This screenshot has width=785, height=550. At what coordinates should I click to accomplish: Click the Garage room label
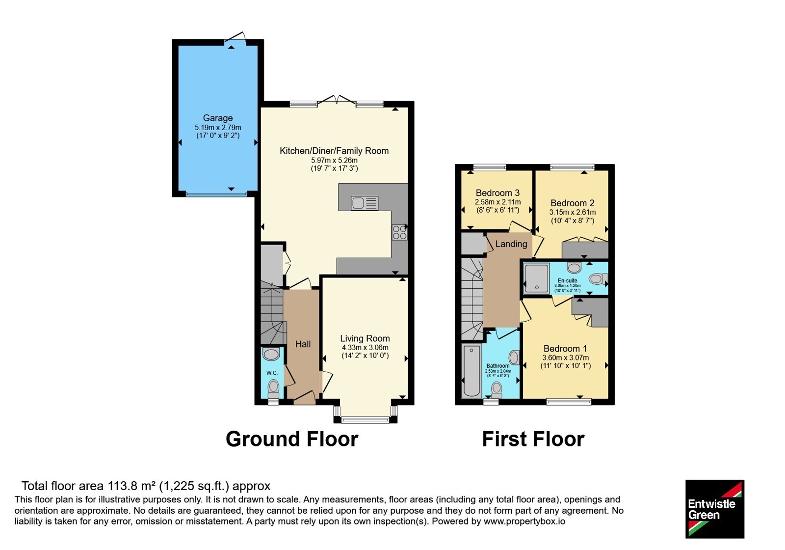(x=218, y=118)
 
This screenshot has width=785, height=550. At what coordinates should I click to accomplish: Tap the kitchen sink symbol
(x=365, y=203)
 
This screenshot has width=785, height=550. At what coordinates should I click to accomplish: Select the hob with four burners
(x=399, y=232)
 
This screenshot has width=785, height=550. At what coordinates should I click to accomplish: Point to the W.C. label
(x=272, y=373)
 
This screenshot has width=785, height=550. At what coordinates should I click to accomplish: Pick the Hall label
(x=303, y=344)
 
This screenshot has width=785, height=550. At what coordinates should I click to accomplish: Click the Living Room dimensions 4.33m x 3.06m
(x=365, y=348)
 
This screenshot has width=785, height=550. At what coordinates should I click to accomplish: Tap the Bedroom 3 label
(x=497, y=193)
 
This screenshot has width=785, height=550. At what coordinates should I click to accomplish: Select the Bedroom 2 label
(x=573, y=203)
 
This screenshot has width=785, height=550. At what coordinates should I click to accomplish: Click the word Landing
(x=511, y=244)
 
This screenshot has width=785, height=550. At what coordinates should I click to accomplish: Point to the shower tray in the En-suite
(x=536, y=278)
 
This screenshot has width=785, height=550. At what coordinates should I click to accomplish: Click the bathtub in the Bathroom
(x=471, y=371)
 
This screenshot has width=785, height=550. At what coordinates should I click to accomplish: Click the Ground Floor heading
(x=292, y=439)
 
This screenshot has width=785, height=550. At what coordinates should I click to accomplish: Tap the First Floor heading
(x=533, y=439)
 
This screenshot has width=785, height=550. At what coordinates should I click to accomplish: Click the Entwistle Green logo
(x=715, y=509)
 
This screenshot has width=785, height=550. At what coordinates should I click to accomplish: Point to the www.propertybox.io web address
(x=524, y=521)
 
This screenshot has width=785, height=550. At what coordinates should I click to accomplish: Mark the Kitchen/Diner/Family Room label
(x=334, y=151)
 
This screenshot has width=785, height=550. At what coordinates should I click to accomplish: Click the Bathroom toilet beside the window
(x=496, y=388)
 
